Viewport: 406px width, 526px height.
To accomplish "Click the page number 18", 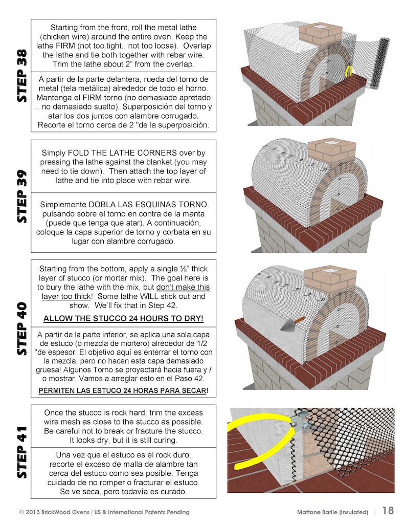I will pyautogui.click(x=388, y=511).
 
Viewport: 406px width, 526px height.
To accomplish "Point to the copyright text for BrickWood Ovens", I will pyautogui.click(x=104, y=512).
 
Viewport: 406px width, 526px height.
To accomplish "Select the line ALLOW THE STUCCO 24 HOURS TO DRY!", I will pyautogui.click(x=123, y=319).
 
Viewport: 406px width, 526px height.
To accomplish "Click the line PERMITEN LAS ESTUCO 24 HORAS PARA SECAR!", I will pyautogui.click(x=123, y=391).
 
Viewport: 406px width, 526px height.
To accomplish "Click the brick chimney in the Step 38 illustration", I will pyautogui.click(x=320, y=35).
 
